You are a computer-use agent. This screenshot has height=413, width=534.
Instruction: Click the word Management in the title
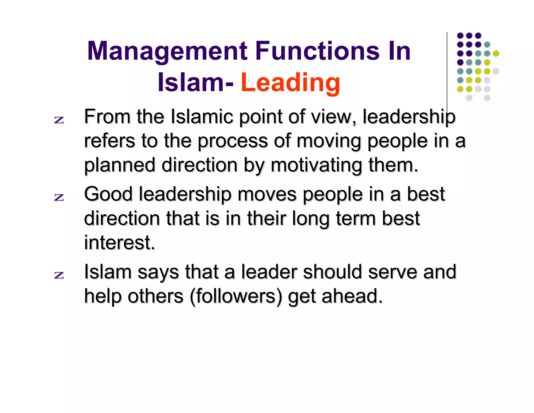(x=167, y=51)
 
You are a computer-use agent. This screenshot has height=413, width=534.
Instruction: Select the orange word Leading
(x=290, y=82)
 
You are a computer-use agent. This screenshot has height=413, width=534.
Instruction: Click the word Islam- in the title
(x=196, y=82)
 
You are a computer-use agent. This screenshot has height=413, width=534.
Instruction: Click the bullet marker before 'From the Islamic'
(x=59, y=120)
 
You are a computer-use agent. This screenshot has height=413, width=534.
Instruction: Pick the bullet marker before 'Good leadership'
(x=59, y=197)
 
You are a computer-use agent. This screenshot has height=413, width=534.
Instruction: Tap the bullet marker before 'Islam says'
(x=59, y=275)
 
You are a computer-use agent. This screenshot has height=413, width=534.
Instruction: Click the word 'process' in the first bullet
(x=233, y=141)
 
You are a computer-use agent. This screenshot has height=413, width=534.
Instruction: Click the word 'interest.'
(x=119, y=243)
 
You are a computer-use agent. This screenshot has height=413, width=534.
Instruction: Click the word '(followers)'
(x=236, y=296)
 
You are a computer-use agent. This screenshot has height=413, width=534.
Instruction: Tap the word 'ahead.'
(x=352, y=296)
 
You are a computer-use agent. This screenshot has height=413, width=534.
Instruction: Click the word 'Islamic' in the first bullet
(x=202, y=116)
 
